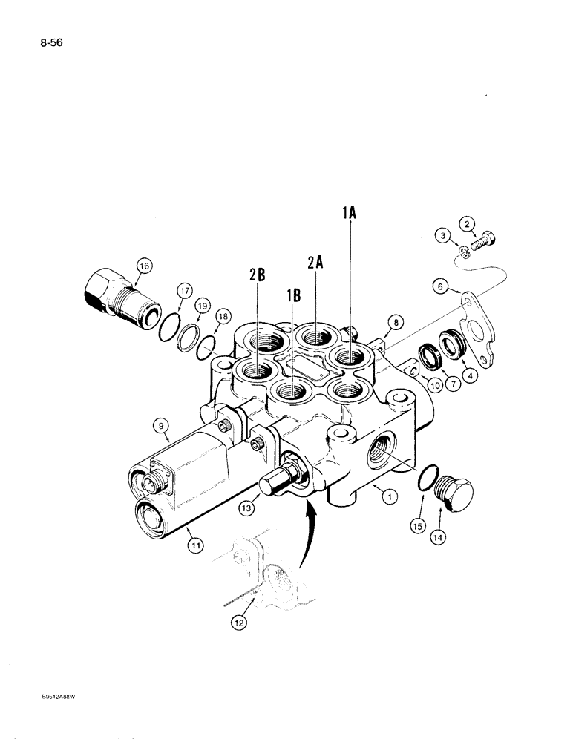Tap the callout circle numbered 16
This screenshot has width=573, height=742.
pos(143,265)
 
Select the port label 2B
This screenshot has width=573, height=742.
pos(257,275)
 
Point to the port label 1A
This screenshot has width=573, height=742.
pos(350,213)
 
